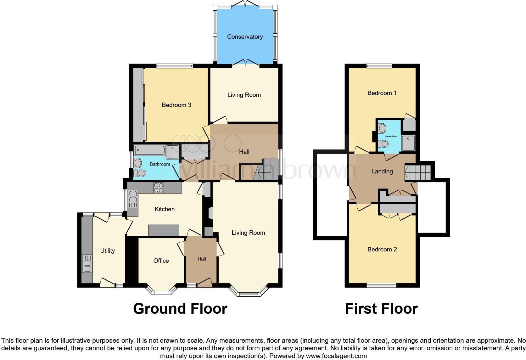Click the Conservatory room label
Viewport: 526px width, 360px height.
[245, 37]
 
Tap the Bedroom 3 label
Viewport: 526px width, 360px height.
[176, 105]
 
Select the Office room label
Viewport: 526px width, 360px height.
[161, 261]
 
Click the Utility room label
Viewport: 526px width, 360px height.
[107, 250]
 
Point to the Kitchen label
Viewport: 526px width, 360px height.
[165, 209]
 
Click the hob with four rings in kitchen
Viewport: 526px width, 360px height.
[158, 188]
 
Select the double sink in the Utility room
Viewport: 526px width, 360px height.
[87, 264]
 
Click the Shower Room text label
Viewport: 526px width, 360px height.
[391, 136]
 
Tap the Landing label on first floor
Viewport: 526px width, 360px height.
[382, 171]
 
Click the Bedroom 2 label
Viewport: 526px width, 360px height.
[382, 249]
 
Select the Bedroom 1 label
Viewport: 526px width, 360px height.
[382, 93]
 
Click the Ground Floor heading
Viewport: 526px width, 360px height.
[180, 309]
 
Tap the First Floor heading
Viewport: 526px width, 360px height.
[381, 309]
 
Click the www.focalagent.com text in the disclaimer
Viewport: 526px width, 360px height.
[336, 356]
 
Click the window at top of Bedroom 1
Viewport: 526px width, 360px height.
[379, 66]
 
